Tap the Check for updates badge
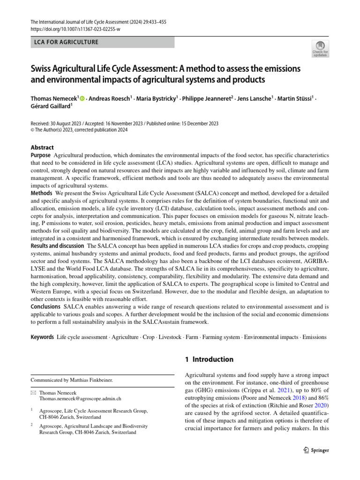[321, 49]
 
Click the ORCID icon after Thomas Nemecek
[82, 98]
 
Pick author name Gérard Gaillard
[51, 106]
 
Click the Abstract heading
[42, 147]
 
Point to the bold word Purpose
[41, 155]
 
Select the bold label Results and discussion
[58, 246]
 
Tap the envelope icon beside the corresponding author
[33, 392]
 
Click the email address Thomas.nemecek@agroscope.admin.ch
[80, 398]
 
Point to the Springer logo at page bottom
[314, 450]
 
